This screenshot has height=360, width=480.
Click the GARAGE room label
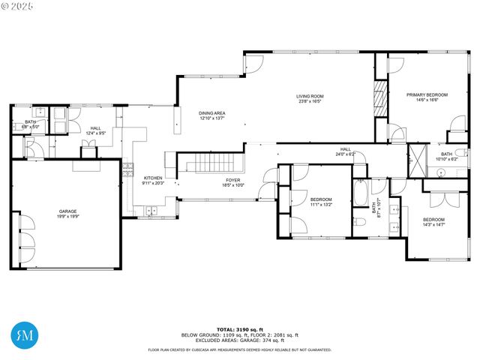tap(67, 211)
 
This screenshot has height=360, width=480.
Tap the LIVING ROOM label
tap(309, 96)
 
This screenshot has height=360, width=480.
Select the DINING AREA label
tap(212, 113)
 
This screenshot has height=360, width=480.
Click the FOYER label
tap(233, 180)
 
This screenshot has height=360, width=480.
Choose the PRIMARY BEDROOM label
tap(427, 94)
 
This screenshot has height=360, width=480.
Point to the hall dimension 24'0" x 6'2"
tap(345, 154)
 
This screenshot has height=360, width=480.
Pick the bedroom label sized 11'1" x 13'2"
tap(321, 203)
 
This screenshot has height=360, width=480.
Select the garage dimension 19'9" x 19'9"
tap(67, 216)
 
